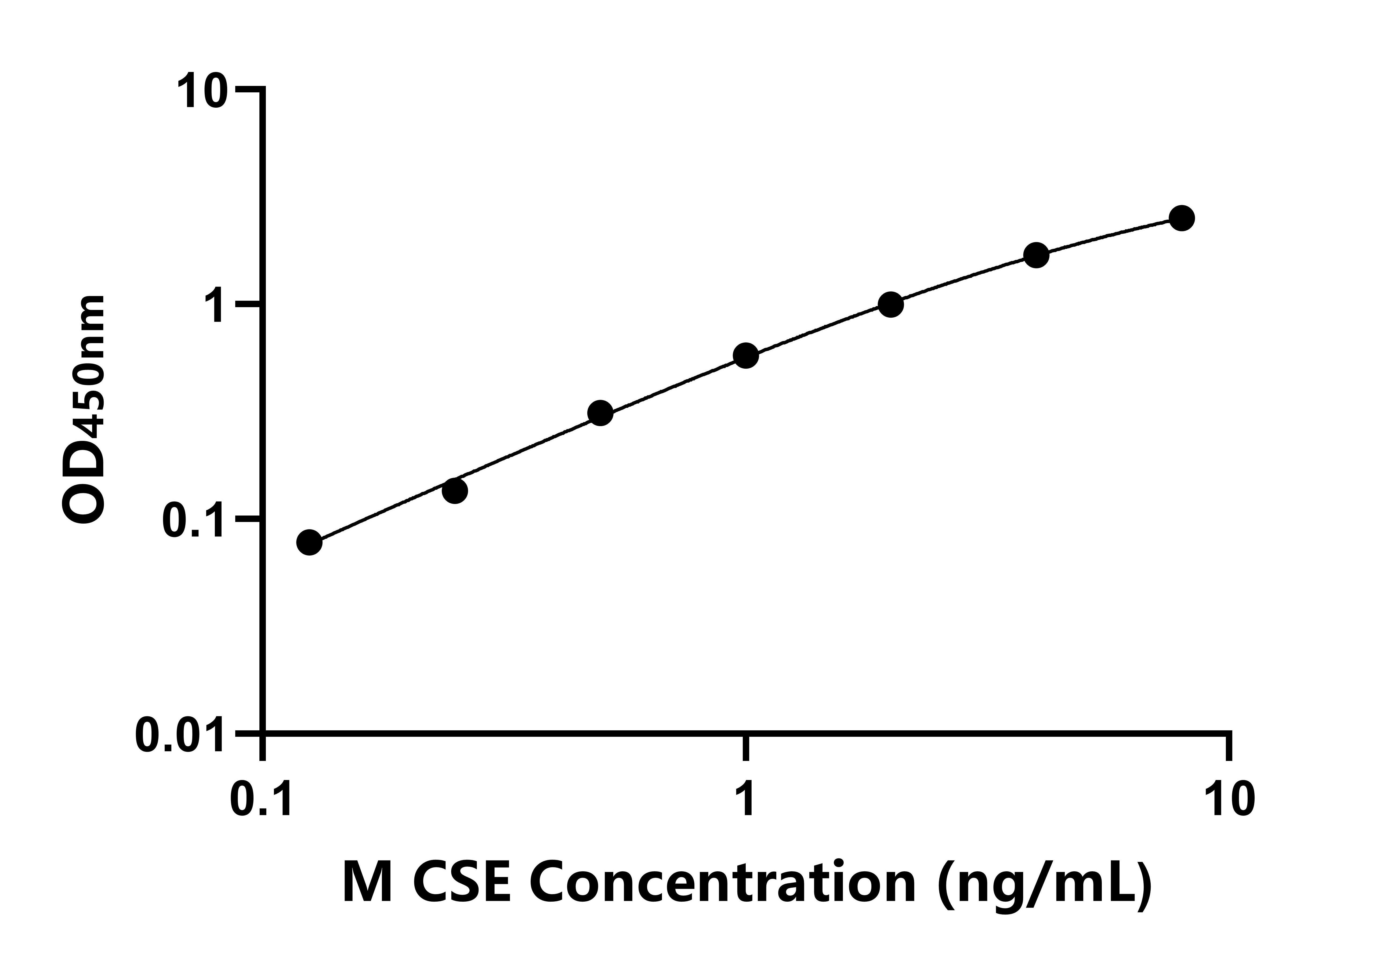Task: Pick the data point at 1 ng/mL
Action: tap(746, 356)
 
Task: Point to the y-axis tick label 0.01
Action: tap(176, 734)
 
